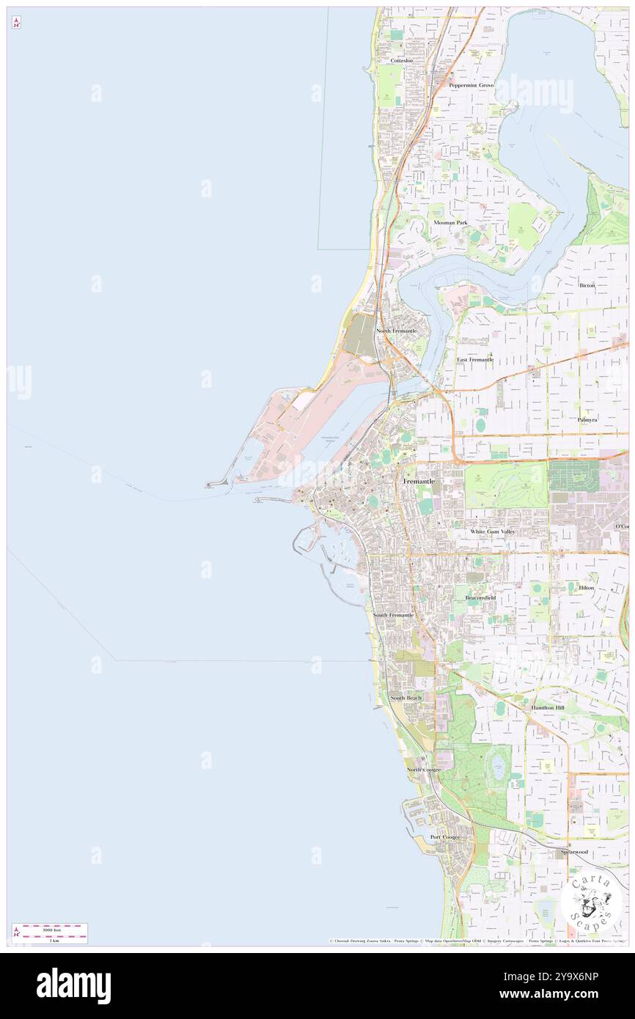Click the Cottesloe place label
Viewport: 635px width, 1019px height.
[x=403, y=61]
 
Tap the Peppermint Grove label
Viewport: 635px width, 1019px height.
[x=471, y=85]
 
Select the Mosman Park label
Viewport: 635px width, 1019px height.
[x=450, y=222]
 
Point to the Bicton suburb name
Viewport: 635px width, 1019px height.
[x=587, y=284]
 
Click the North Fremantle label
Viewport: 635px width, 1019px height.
[x=396, y=331]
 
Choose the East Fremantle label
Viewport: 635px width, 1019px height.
[x=475, y=360]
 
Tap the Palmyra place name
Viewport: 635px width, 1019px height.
[x=587, y=419]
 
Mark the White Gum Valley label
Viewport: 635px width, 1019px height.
[x=493, y=531]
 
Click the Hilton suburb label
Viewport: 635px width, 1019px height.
[x=586, y=588]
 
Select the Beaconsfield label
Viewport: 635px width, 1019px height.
[x=481, y=598]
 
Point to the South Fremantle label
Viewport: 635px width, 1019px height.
[x=393, y=614]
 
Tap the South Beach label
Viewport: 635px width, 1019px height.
[x=405, y=698]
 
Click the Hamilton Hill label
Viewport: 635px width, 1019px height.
[x=548, y=707]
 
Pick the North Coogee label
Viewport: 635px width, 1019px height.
[x=424, y=770]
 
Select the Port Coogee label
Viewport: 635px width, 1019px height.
[x=445, y=837]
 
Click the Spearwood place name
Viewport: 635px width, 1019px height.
[x=574, y=852]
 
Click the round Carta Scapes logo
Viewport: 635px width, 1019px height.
[x=591, y=903]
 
